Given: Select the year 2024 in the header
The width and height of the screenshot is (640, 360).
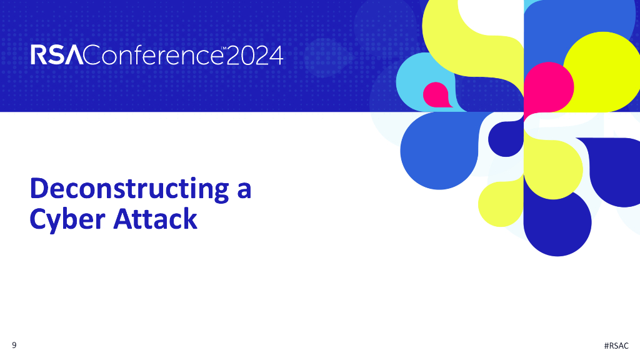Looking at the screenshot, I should (x=254, y=56).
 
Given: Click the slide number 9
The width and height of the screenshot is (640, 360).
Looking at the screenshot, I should (x=14, y=346).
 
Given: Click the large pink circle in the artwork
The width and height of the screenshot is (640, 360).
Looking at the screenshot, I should (x=549, y=87).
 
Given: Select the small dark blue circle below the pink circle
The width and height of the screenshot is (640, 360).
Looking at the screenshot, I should (x=506, y=137).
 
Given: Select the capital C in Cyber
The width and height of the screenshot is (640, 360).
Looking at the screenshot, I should (x=39, y=219).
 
